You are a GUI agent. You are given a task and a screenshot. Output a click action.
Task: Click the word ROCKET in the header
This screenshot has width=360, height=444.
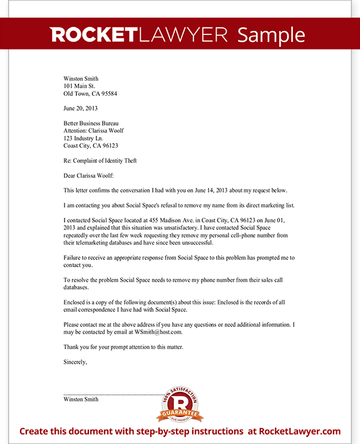[94, 35]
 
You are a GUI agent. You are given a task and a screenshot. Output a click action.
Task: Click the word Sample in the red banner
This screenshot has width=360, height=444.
[271, 35]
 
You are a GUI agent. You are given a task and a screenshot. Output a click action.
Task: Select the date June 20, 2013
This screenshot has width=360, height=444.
[81, 108]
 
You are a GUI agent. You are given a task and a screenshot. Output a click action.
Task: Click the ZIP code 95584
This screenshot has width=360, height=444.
[108, 94]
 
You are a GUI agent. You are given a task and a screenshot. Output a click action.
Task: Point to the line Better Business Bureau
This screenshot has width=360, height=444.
[91, 123]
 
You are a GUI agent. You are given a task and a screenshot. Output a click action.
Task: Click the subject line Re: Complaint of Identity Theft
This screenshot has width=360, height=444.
[100, 161]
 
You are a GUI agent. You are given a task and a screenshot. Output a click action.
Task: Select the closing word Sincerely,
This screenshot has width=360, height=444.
[75, 361]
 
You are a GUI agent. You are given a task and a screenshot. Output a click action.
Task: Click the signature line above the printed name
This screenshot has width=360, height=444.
[113, 394]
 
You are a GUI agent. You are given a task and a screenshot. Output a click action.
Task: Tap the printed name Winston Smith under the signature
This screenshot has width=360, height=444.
[81, 399]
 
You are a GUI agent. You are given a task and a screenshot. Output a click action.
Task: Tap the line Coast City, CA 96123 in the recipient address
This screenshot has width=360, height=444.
[91, 146]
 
